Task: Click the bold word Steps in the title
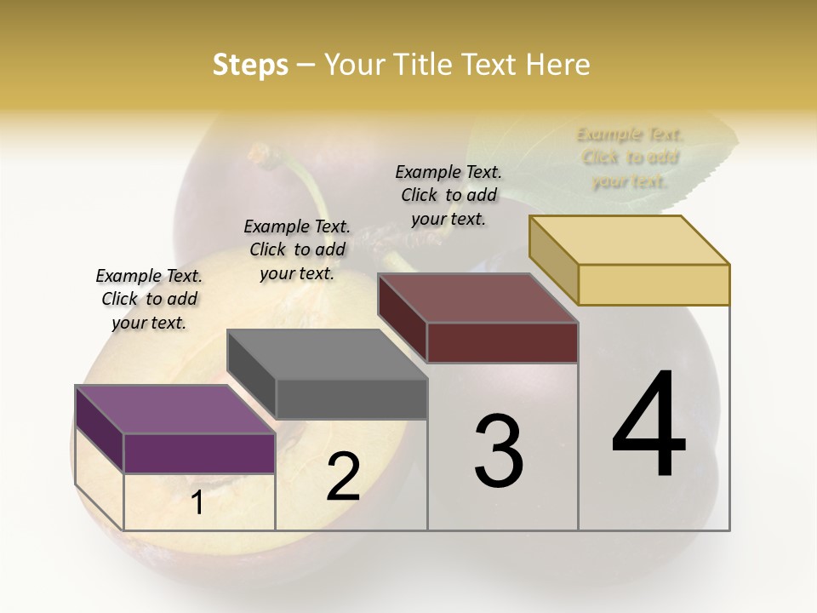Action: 250,65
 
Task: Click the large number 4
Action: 648,425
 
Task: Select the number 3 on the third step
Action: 499,452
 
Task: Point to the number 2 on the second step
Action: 343,478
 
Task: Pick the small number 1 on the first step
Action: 197,503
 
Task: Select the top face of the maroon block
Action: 477,298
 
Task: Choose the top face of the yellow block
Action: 629,240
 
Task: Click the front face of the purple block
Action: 200,453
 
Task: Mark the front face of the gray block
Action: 351,398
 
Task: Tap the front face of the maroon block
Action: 503,342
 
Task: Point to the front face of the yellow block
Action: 654,284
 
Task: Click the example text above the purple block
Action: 149,300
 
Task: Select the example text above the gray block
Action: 297,250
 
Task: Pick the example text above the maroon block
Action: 448,196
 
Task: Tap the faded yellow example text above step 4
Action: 630,158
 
